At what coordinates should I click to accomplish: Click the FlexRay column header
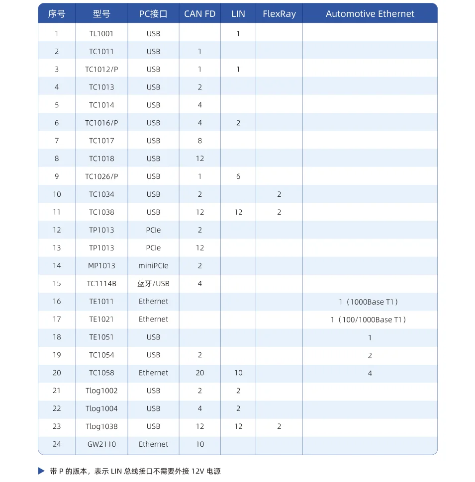tap(279, 14)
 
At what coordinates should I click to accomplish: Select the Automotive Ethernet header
tap(370, 14)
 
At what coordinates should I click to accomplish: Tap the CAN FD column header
tap(199, 14)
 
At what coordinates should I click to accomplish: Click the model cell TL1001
tap(101, 34)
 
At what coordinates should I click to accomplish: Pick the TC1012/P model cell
tap(101, 70)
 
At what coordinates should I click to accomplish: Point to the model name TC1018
tap(101, 159)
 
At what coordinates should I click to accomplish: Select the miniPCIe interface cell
tap(153, 266)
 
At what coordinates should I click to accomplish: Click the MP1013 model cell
tap(101, 266)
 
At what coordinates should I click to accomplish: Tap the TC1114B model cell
tap(101, 284)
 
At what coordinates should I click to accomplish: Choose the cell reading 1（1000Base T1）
tap(370, 302)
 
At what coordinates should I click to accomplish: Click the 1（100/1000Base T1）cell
tap(370, 320)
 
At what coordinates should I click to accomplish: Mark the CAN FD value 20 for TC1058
tap(199, 373)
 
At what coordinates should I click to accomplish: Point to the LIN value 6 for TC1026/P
tap(238, 176)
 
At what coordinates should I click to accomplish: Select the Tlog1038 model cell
tap(101, 426)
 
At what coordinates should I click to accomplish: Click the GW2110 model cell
tap(101, 444)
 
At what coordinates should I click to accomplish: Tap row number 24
tap(57, 444)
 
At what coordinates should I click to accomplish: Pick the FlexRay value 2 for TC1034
tap(279, 194)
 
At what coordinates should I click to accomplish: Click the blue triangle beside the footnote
tap(41, 471)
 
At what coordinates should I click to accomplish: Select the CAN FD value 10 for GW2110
tap(199, 444)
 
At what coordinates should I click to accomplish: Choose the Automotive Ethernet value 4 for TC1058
tap(370, 373)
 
